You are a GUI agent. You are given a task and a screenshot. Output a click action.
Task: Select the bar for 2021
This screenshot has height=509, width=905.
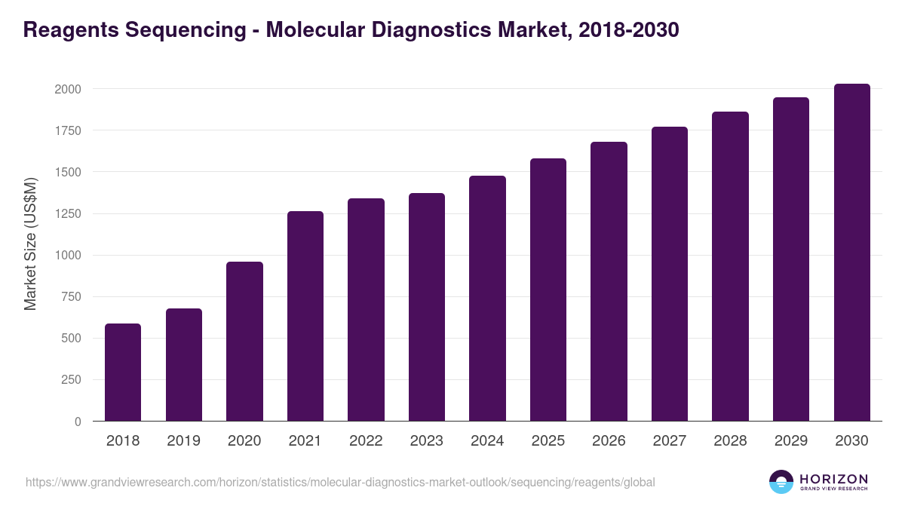[305, 316]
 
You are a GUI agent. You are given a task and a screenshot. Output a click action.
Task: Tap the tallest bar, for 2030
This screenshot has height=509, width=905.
[852, 253]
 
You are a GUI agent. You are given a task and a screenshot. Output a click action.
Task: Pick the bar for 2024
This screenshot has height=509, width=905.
[487, 298]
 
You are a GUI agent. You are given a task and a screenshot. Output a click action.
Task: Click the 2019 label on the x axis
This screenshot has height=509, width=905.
[184, 441]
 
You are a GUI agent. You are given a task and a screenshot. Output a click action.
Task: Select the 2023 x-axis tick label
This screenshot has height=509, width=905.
[427, 441]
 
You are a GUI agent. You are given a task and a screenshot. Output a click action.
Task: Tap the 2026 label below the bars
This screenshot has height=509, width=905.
[609, 441]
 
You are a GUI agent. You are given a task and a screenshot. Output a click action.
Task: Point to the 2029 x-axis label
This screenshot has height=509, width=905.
[791, 441]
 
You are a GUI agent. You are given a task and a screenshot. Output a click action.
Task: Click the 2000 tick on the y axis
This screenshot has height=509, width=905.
[67, 89]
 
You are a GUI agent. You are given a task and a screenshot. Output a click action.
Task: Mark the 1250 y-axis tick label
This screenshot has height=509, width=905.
[67, 213]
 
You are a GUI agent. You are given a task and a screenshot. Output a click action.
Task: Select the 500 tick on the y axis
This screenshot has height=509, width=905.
[71, 339]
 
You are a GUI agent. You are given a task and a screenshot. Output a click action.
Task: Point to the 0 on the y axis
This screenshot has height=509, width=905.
[78, 422]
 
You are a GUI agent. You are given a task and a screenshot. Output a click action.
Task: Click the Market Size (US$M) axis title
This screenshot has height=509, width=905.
[30, 243]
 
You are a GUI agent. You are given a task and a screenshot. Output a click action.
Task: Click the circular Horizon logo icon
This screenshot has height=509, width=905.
[781, 482]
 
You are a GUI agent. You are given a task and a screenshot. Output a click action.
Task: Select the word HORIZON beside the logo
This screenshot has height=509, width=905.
[833, 479]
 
